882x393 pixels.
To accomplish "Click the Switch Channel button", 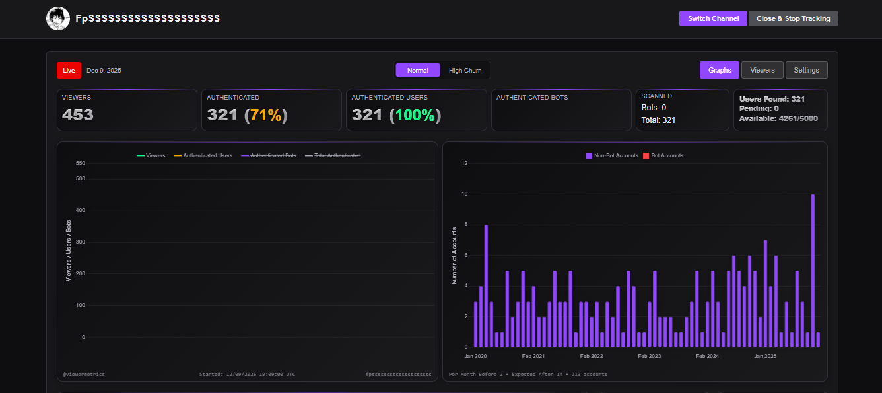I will (x=713, y=18).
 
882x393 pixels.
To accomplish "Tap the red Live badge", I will (x=69, y=70).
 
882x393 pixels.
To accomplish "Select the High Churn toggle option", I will (x=465, y=70).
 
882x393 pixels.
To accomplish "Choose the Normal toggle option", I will (x=417, y=70).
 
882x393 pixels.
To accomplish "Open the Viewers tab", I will (x=763, y=70).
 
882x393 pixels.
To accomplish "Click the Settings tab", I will (x=806, y=70).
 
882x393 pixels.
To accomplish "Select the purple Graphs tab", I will (x=720, y=70).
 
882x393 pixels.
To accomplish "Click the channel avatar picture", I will (x=58, y=18).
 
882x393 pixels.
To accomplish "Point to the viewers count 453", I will (x=78, y=115).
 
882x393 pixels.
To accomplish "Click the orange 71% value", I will (x=266, y=115).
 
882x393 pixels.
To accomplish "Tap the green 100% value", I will (x=415, y=115).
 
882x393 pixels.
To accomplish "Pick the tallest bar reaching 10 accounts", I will (x=813, y=271).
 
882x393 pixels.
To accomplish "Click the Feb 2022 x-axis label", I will (x=592, y=356).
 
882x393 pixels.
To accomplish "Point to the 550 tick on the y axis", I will (x=81, y=163).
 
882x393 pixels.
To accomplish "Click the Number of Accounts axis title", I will (x=454, y=256).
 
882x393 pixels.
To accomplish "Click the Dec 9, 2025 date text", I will (x=104, y=70).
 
